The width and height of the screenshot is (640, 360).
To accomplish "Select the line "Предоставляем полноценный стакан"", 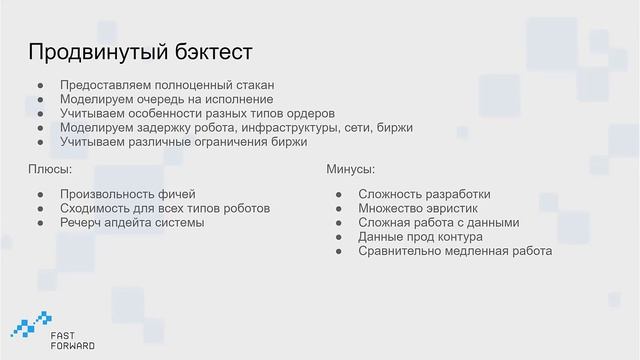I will point(166,86).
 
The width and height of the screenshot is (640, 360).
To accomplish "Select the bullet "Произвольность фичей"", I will point(128,193).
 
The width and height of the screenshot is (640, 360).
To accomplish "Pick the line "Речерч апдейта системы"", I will point(132,222).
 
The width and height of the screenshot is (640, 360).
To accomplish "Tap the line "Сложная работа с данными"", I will point(439,222).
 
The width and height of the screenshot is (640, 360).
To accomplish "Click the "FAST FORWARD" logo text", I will point(73,338).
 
